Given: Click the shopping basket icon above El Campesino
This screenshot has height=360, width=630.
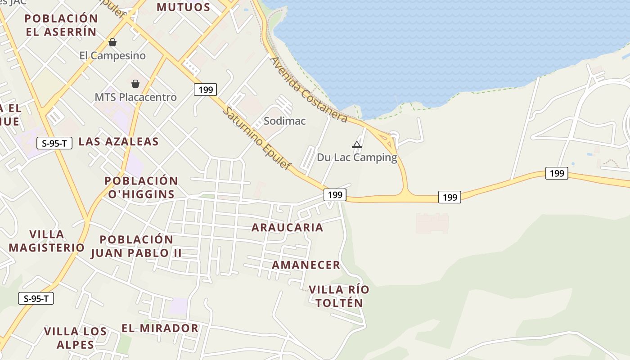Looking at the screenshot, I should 112,42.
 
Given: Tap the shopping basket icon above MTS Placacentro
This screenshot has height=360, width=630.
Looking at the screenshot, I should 135,84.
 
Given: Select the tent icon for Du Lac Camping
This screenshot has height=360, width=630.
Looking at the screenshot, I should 357,144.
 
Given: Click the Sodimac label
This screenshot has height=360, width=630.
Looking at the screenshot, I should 284,121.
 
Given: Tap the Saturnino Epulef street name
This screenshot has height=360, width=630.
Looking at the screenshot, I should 257,138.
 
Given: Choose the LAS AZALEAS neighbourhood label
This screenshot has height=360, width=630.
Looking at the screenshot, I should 119,141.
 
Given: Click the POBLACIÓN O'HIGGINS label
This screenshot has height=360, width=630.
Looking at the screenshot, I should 141,187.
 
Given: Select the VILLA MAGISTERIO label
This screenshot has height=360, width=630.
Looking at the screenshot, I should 46,241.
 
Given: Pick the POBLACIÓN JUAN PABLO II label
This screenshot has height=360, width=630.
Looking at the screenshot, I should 136,246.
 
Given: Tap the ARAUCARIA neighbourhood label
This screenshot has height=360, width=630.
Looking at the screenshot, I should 287,227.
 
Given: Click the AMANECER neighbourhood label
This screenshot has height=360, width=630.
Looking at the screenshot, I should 306,265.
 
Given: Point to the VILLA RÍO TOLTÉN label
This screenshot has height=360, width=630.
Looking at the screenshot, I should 339,296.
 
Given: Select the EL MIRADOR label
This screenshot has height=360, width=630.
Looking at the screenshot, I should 160,328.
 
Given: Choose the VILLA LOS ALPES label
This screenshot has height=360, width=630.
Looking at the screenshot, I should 75,338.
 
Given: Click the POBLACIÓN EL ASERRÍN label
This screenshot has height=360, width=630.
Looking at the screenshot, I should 61,25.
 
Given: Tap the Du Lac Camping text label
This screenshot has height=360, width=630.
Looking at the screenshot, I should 357,157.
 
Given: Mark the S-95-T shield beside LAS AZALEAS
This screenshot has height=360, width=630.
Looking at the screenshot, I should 54,144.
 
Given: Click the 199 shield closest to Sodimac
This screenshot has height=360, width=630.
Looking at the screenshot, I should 206,90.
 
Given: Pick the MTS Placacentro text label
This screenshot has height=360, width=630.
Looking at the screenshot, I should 135,97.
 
